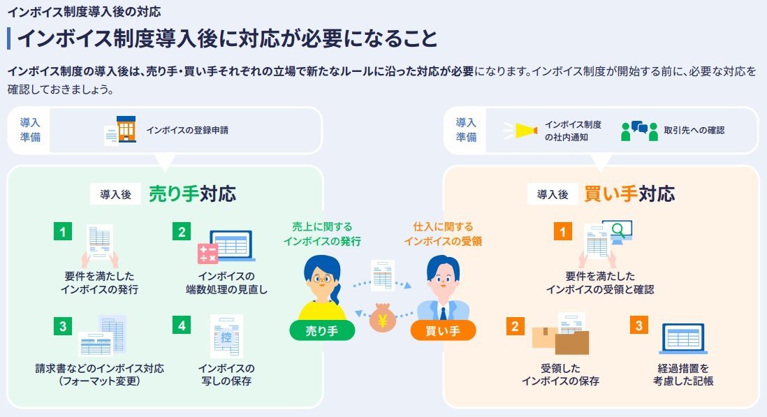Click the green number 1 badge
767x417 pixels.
(x=63, y=231)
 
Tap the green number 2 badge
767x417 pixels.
(x=182, y=231)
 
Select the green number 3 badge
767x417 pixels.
(x=63, y=326)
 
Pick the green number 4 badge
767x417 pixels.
(x=182, y=325)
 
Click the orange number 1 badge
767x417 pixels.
(x=562, y=231)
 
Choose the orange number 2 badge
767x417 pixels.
(x=515, y=326)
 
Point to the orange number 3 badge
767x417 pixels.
(x=639, y=325)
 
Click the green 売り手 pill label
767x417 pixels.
(x=322, y=331)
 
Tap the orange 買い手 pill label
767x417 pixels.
(x=443, y=331)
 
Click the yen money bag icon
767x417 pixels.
(x=383, y=319)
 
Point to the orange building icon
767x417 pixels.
(x=126, y=129)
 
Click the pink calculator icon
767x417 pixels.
(x=207, y=254)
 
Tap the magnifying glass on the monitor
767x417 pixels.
(x=618, y=230)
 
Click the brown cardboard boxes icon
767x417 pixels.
(x=561, y=340)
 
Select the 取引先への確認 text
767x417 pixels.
(x=694, y=131)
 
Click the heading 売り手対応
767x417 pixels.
(x=192, y=194)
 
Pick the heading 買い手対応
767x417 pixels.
(x=629, y=194)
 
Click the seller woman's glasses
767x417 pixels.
(x=321, y=279)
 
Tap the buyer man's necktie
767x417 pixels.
(x=443, y=313)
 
